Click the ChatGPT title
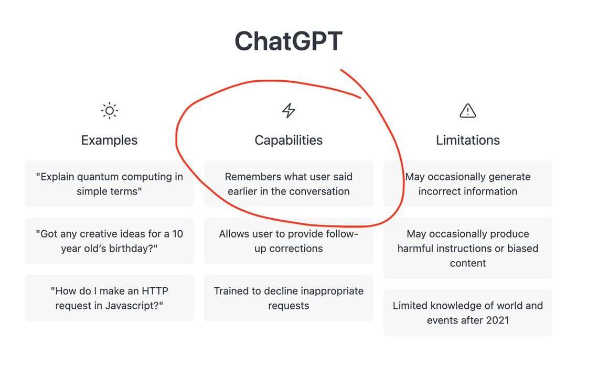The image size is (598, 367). tap(289, 41)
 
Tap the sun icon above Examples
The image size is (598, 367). tap(110, 111)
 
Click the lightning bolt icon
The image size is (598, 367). tap(289, 111)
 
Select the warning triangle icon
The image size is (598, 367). tap(467, 111)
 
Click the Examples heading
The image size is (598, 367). tap(110, 140)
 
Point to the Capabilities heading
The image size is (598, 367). tap(289, 140)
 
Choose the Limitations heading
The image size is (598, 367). tap(468, 140)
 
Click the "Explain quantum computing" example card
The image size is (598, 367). tap(110, 183)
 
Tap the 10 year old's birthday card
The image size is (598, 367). tap(110, 241)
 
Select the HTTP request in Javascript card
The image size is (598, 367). tap(110, 298)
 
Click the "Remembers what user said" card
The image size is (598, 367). tap(289, 183)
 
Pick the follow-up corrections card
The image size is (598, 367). tap(289, 241)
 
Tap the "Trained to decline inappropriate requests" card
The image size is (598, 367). tap(289, 298)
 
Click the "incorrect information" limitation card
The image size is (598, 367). tap(468, 183)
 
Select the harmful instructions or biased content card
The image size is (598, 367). tap(468, 248)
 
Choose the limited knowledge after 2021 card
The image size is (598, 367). tap(468, 312)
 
